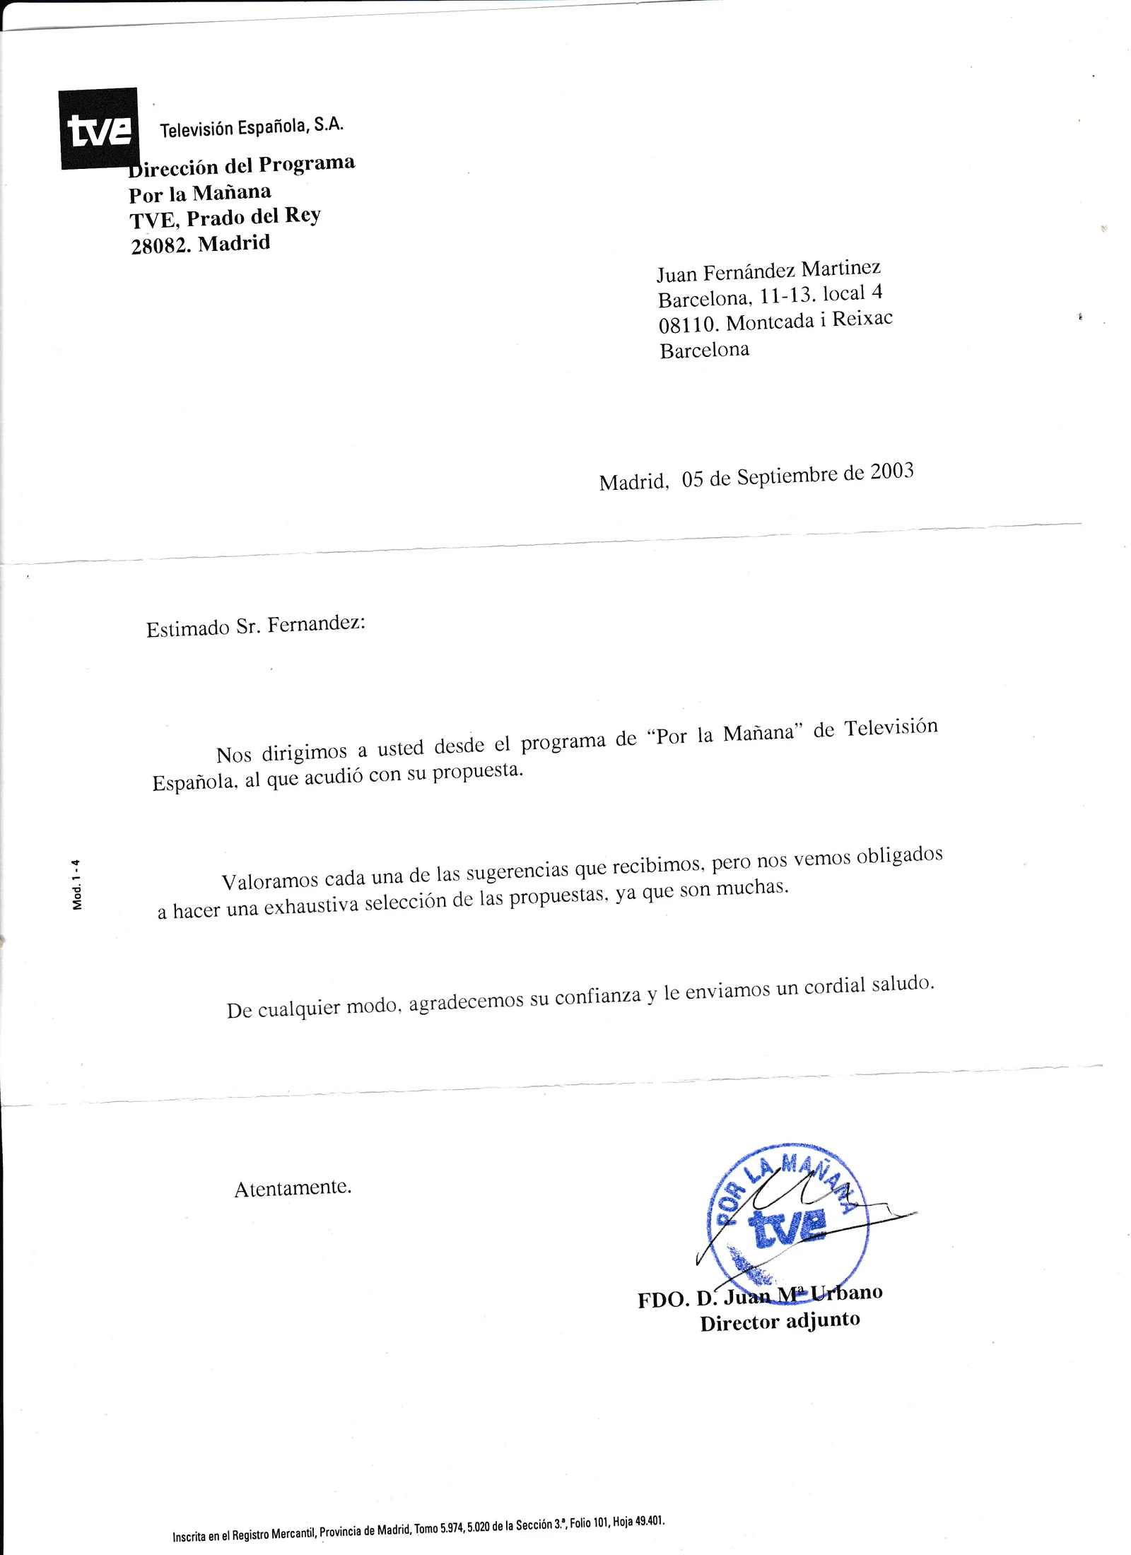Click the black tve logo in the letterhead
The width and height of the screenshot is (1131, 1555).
(x=98, y=129)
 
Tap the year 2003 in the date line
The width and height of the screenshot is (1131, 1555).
(x=891, y=471)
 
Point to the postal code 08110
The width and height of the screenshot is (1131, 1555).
(x=688, y=324)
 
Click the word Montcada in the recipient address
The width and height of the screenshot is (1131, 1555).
(x=770, y=322)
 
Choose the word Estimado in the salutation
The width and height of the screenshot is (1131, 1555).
(x=187, y=628)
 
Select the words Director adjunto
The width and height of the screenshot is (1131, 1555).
(x=780, y=1321)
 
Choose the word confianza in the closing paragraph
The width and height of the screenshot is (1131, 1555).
(x=598, y=997)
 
